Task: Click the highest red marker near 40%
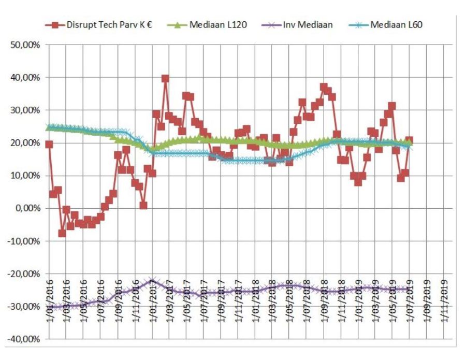tap(165, 79)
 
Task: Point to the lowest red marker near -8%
tap(62, 233)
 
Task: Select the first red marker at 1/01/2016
tap(49, 145)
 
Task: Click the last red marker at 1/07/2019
tap(409, 140)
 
